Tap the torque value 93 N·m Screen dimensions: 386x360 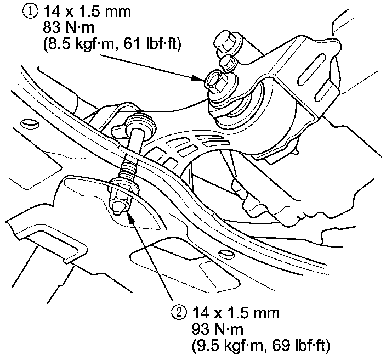tap(217, 330)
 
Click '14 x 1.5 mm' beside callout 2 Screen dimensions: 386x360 tap(236, 313)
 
